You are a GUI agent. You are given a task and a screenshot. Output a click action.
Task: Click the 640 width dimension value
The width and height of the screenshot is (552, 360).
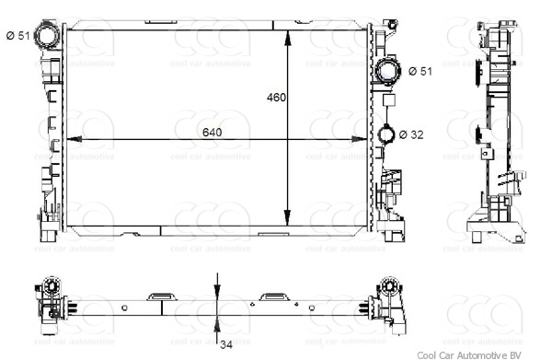[x=213, y=133]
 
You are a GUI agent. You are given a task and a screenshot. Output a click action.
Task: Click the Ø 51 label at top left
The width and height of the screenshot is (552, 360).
[x=17, y=35]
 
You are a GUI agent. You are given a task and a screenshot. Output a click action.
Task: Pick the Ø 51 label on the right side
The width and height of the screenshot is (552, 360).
[x=420, y=71]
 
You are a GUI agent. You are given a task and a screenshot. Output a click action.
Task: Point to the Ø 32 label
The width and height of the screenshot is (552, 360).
[x=412, y=134]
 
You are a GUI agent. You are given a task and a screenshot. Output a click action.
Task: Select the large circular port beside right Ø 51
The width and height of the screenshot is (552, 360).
[x=388, y=70]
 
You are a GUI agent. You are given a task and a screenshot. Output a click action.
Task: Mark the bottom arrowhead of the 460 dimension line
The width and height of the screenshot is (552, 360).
[x=291, y=209]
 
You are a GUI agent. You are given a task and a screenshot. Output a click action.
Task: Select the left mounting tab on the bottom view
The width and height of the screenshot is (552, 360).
[x=161, y=296]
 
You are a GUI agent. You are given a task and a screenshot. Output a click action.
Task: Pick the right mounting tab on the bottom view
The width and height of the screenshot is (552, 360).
[x=273, y=296]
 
